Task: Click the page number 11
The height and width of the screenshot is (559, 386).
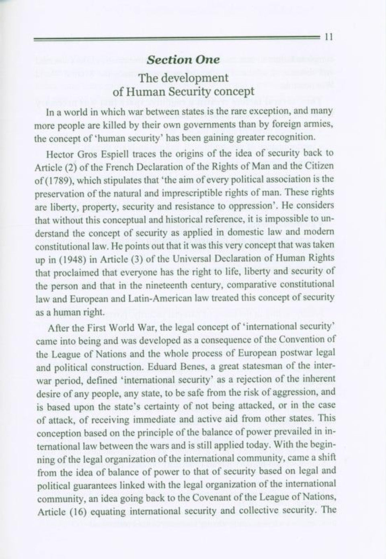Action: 327,37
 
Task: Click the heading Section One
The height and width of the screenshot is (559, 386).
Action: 183,60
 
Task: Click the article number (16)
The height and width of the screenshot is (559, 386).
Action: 74,512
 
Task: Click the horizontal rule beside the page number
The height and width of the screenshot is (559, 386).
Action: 177,38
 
